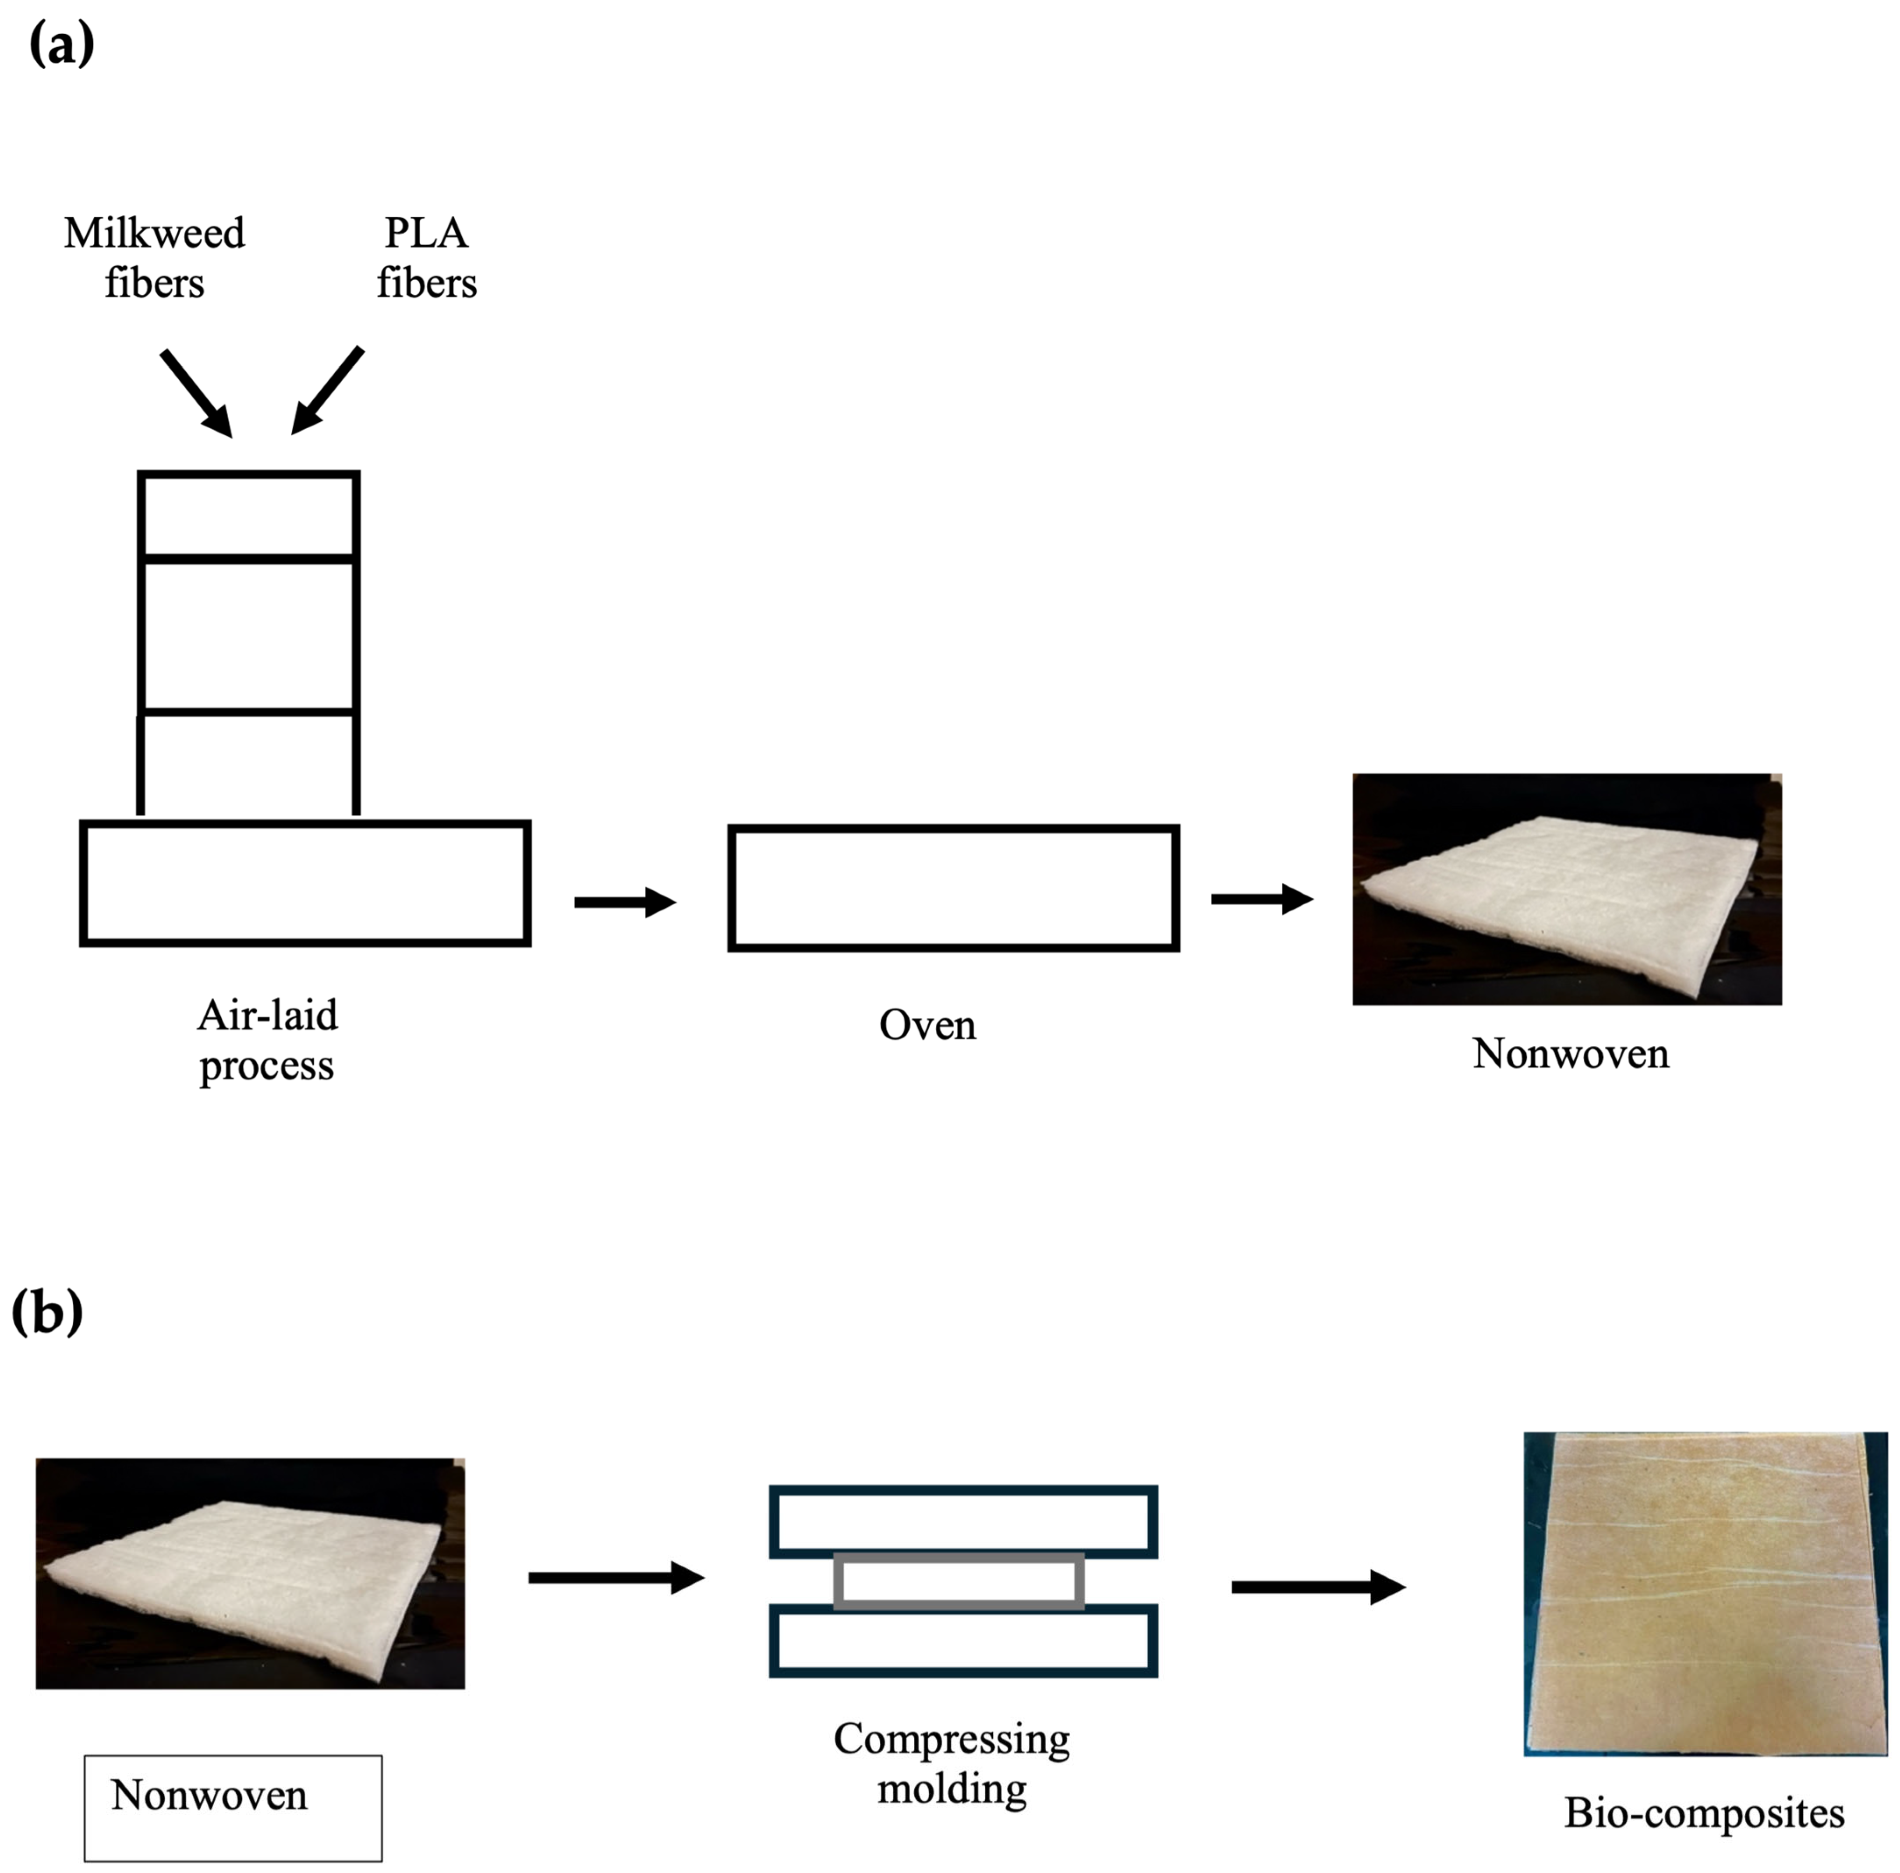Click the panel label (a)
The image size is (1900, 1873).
coord(61,44)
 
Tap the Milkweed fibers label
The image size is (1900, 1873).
coord(154,257)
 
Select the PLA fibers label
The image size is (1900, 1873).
coord(426,257)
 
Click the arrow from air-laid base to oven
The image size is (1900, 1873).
coord(624,902)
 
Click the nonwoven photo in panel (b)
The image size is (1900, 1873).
coord(250,1573)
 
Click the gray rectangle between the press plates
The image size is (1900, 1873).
coord(959,1581)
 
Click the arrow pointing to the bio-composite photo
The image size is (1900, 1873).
coord(1318,1586)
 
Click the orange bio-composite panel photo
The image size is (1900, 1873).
coord(1704,1593)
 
